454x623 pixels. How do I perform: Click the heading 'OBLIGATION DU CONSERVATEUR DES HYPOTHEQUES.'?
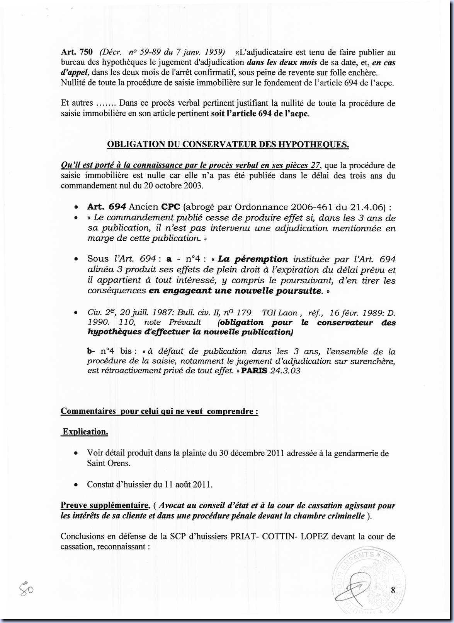(228, 144)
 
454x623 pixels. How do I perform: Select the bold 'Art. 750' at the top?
(77, 52)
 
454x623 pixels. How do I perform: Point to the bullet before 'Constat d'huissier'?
(77, 485)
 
